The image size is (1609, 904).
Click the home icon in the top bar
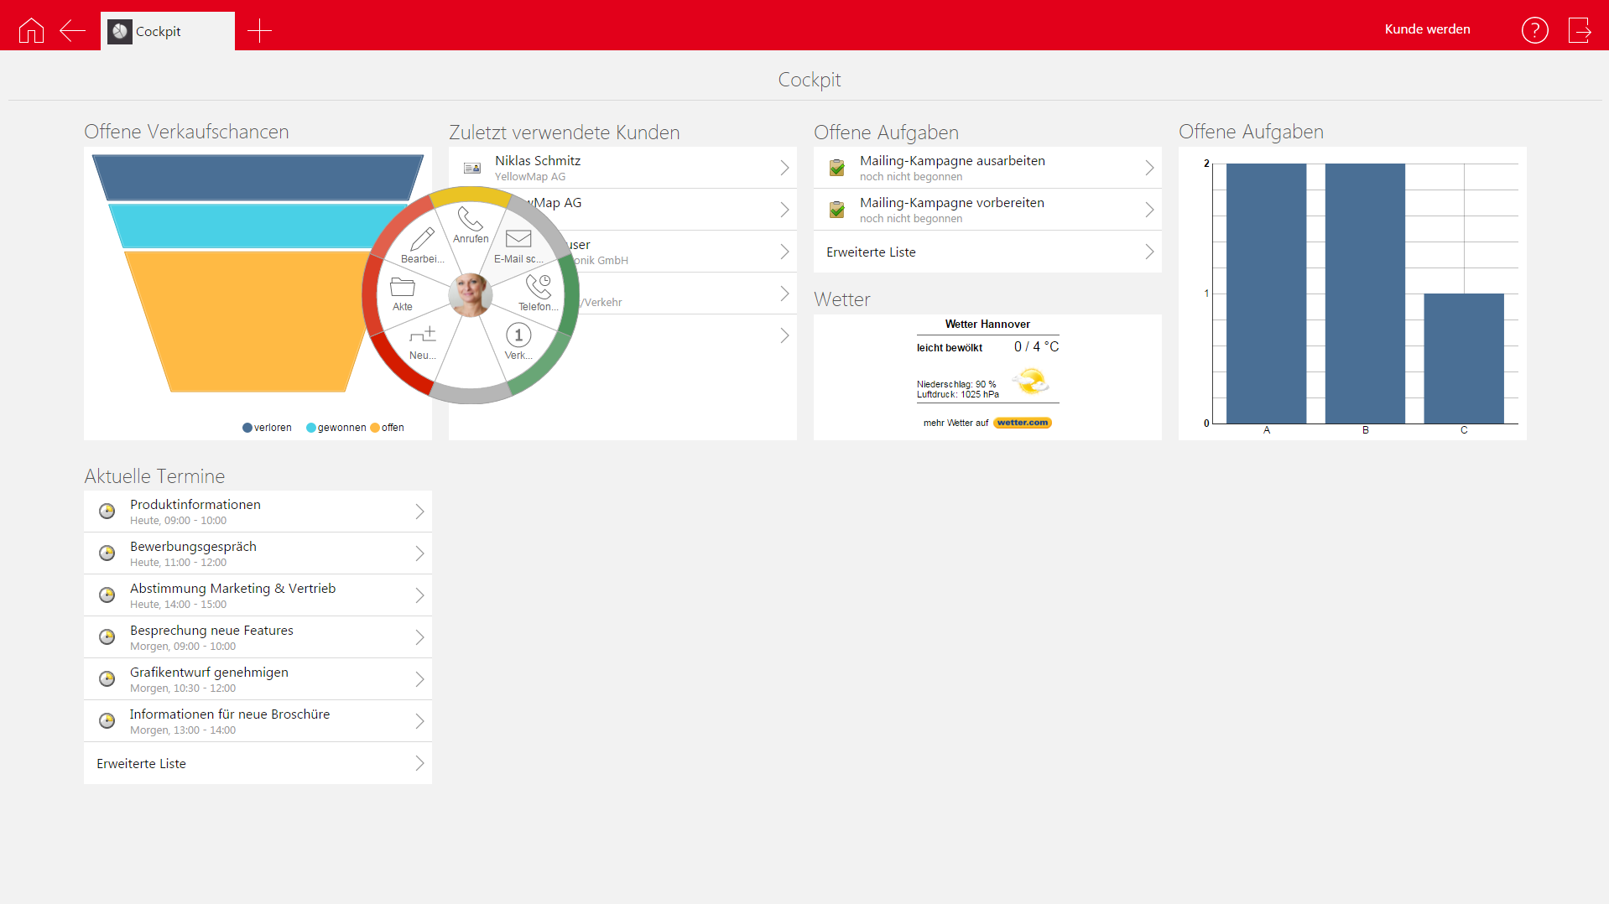31,30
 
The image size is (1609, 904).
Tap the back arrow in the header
73,31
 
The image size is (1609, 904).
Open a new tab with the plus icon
259,31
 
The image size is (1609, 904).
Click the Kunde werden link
1427,29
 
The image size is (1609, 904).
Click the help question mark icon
1534,30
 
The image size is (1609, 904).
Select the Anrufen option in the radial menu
470,224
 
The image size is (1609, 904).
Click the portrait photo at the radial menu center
470,294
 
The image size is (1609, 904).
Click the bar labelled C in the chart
1464,358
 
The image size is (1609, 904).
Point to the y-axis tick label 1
1206,294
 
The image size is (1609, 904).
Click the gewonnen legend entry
336,428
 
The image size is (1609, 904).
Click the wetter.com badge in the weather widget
1023,423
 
